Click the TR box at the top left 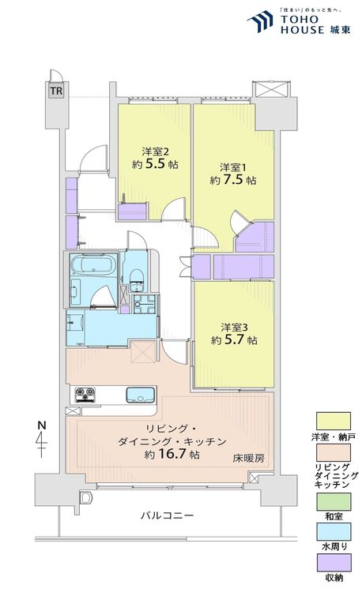pyautogui.click(x=56, y=91)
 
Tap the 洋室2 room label pyautogui.click(x=155, y=152)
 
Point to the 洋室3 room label pyautogui.click(x=234, y=327)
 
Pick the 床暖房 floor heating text pyautogui.click(x=249, y=459)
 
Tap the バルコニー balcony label pyautogui.click(x=167, y=515)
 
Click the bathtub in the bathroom pyautogui.click(x=94, y=264)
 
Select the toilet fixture pyautogui.click(x=136, y=279)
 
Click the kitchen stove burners pyautogui.click(x=85, y=395)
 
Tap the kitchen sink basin pyautogui.click(x=140, y=395)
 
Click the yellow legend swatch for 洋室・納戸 pyautogui.click(x=334, y=421)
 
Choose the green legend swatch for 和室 pyautogui.click(x=334, y=502)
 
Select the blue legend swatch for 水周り pyautogui.click(x=334, y=532)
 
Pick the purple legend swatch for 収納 pyautogui.click(x=334, y=563)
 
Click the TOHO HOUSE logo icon pyautogui.click(x=260, y=21)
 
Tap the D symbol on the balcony pyautogui.click(x=86, y=497)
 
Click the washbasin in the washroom pyautogui.click(x=75, y=323)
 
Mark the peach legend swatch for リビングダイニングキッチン pyautogui.click(x=334, y=453)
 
